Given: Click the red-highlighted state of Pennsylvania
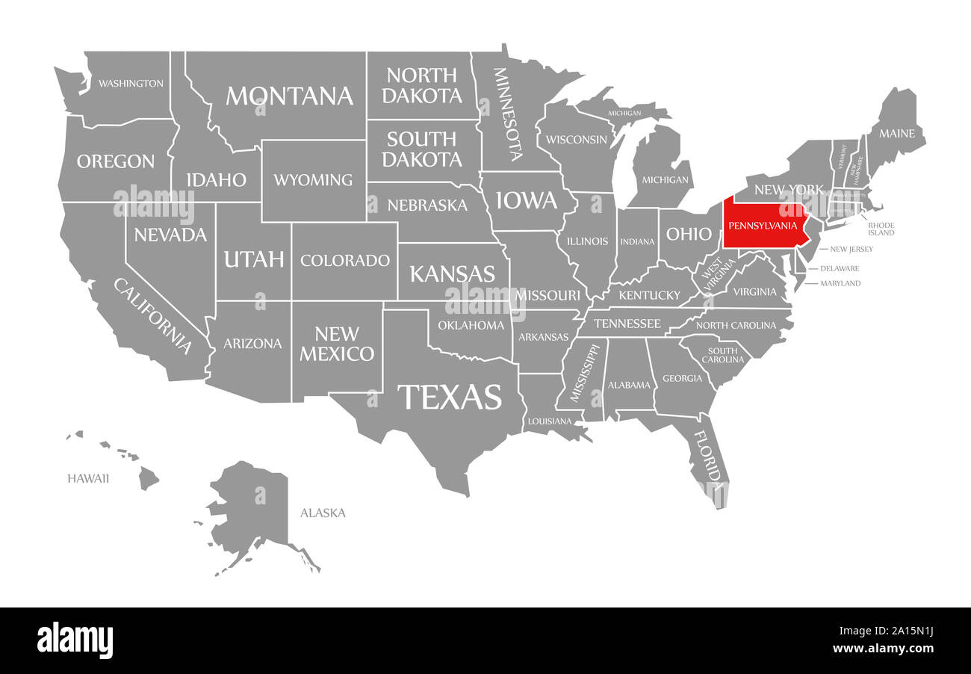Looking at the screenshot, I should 766,224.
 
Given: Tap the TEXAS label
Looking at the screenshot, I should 449,397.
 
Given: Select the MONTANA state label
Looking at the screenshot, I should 289,96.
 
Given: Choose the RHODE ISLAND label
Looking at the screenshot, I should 881,229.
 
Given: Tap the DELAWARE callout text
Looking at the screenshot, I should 840,268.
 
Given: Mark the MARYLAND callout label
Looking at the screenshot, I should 840,283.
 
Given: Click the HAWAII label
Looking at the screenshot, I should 88,477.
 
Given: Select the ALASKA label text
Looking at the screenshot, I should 323,513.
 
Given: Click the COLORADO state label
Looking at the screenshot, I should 345,260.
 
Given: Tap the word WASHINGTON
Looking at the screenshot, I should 131,83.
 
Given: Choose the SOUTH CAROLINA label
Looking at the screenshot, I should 723,355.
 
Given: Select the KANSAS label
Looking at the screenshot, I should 452,273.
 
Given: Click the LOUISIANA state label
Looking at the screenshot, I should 550,421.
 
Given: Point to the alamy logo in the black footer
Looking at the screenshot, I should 75,640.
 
